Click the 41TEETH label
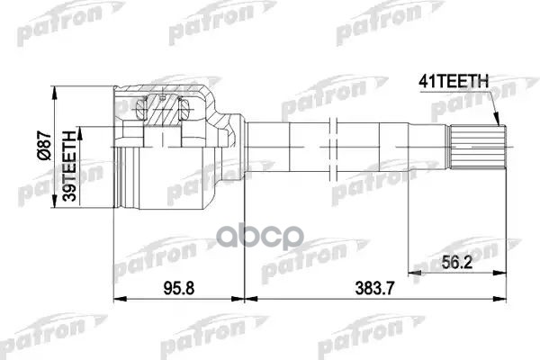tap(454, 82)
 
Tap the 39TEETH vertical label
tap(69, 166)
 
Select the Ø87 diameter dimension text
tap(45, 145)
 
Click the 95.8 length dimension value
tap(179, 288)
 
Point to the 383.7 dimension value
tap(374, 288)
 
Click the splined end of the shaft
tap(478, 147)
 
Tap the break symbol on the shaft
tap(333, 148)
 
